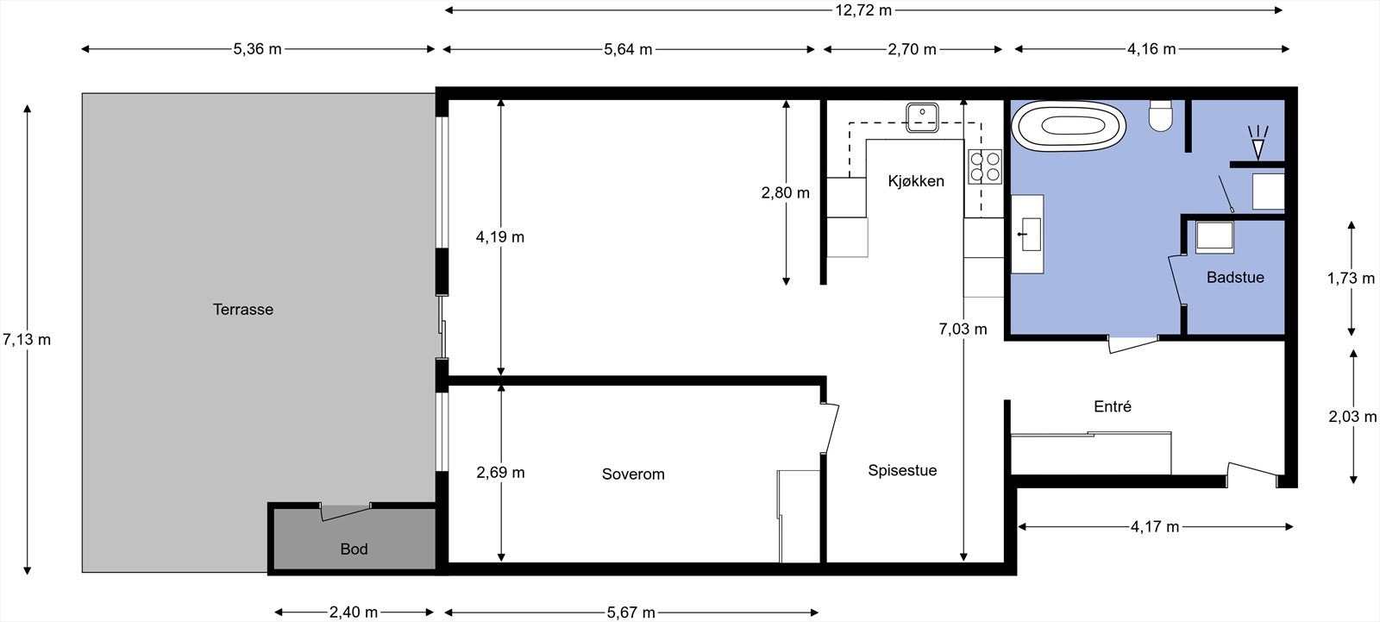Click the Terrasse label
coord(243,310)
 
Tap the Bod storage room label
coord(354,549)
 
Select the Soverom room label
coord(633,474)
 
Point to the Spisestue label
coord(902,470)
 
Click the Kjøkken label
coord(916,181)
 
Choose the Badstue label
coord(1235,278)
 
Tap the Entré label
coord(1112,406)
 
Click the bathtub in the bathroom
coord(1069,127)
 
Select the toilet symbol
coord(1161,116)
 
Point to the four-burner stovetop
coord(984,166)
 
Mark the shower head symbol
coord(1258,143)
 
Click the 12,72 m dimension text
coord(863,10)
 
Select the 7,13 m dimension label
coord(27,339)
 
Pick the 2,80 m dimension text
coord(785,193)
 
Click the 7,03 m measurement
coord(963,329)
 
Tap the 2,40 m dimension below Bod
coord(354,613)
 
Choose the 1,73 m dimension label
coord(1351,278)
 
